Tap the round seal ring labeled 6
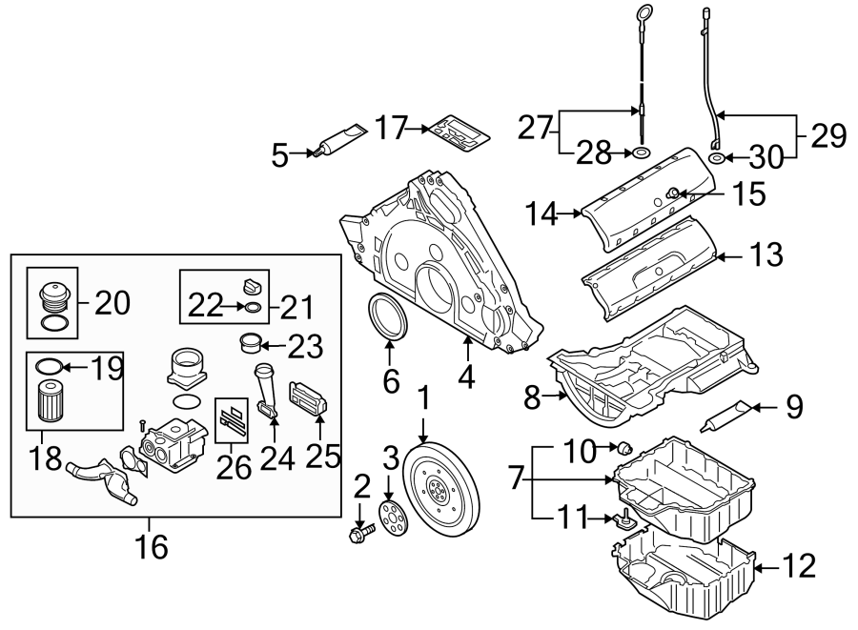(x=386, y=317)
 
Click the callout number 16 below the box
(x=152, y=546)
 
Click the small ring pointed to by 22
(x=251, y=307)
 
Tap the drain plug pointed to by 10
(x=626, y=447)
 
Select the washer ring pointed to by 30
(x=715, y=158)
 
